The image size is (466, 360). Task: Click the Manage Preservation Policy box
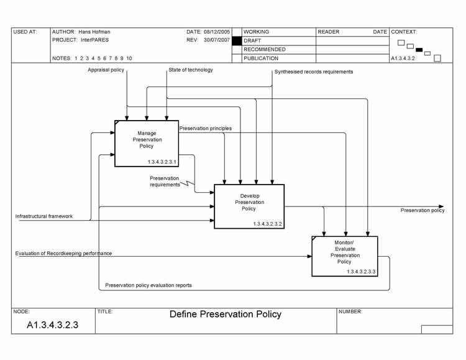[x=146, y=143]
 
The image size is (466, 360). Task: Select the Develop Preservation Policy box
[x=249, y=206]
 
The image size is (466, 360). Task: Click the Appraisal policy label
[x=106, y=70]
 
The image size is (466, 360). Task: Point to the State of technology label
[x=191, y=70]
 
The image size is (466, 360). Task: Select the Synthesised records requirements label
[x=314, y=72]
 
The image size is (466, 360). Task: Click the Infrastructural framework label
[x=44, y=216]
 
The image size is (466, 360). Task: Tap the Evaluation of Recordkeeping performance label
[x=63, y=254]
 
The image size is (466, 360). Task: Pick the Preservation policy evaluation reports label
[x=148, y=285]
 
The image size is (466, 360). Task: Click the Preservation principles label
[x=206, y=129]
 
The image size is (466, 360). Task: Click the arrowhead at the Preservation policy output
[x=441, y=206]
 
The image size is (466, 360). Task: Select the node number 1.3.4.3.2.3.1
[x=162, y=162]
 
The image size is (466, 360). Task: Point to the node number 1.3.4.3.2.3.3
[x=362, y=272]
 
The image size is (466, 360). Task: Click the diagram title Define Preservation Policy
[x=226, y=315]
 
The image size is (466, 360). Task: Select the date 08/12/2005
[x=217, y=31]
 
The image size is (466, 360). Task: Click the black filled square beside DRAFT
[x=236, y=40]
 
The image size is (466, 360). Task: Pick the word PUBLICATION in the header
[x=261, y=58]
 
